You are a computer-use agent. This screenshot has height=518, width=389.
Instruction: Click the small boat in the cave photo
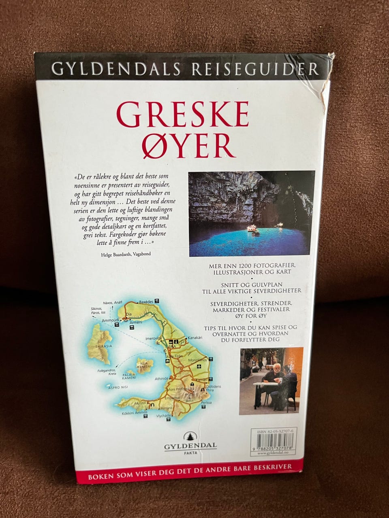pos(254,229)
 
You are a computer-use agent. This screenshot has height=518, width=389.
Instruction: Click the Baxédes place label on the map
pos(147,302)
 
